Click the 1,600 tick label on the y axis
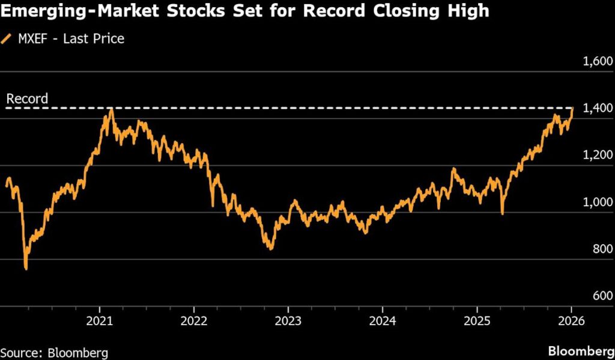pos(595,61)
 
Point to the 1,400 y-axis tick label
pos(595,108)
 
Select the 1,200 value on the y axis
pos(595,156)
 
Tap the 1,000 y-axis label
pos(595,203)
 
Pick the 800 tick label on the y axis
pos(601,249)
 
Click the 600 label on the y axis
pos(601,296)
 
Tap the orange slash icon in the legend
pos(7,39)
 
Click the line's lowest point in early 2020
pos(26,269)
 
